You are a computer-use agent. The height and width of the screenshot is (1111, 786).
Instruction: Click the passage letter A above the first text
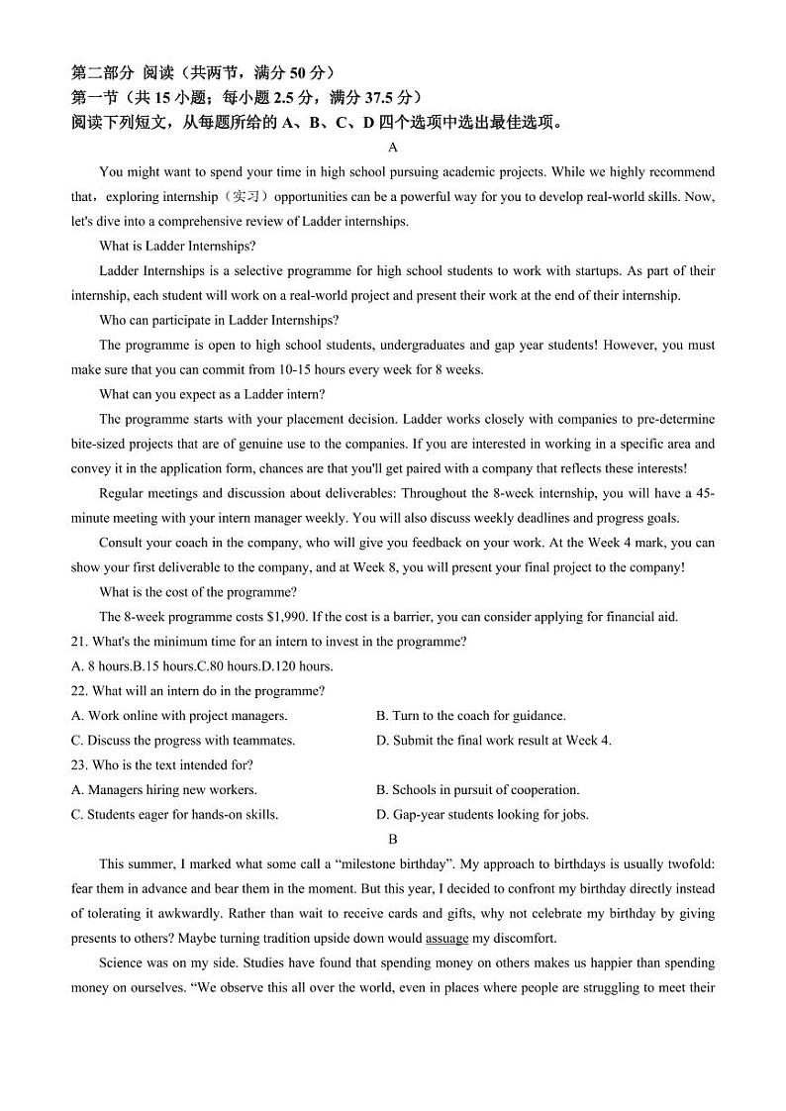(393, 148)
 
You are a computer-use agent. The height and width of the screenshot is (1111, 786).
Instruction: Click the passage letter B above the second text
(393, 839)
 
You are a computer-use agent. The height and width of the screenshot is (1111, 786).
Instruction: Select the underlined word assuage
(446, 938)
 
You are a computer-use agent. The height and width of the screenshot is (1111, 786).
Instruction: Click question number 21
(80, 641)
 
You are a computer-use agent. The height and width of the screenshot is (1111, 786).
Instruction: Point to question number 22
(80, 690)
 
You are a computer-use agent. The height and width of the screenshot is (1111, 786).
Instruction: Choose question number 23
(80, 764)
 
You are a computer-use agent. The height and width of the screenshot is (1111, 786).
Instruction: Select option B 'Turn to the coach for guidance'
(470, 715)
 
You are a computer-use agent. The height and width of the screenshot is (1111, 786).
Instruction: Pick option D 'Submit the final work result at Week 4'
(493, 740)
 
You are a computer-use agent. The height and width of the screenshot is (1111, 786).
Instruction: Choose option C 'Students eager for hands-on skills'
(175, 814)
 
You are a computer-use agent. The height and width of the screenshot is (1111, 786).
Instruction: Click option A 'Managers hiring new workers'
(164, 789)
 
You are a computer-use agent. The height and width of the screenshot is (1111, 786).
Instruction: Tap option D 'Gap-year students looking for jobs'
(482, 814)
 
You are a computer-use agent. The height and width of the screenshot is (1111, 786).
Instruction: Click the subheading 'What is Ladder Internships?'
(177, 246)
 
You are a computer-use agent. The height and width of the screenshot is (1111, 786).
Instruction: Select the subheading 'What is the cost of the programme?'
(198, 592)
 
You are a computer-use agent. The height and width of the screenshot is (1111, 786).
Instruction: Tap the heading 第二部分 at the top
(103, 72)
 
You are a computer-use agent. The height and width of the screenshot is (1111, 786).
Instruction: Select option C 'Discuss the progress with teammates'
(183, 740)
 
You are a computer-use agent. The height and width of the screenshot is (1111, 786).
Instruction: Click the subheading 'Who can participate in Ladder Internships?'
(219, 320)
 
